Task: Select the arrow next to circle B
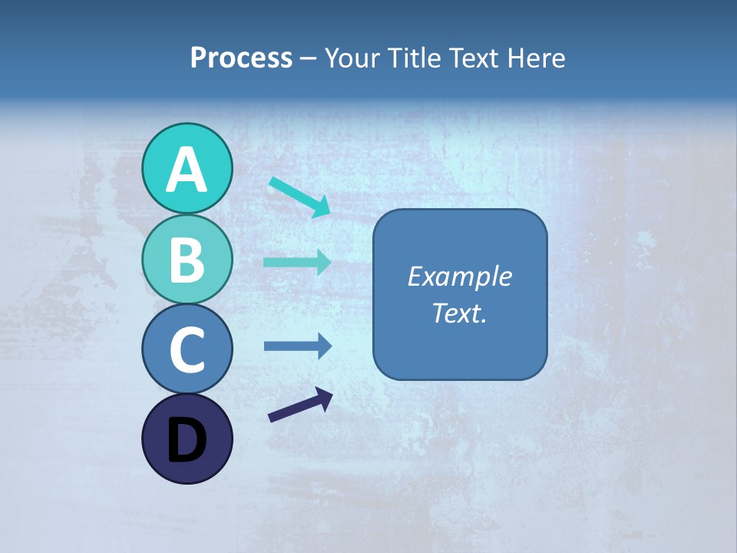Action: [x=297, y=262]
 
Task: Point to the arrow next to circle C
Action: [x=297, y=346]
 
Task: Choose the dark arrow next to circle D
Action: [x=300, y=405]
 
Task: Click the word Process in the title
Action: [x=241, y=58]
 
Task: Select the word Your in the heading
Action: [x=353, y=58]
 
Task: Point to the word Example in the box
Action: [x=459, y=276]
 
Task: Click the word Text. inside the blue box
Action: [x=459, y=313]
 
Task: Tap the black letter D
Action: [x=187, y=440]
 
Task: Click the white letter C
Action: [x=187, y=350]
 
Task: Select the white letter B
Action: [x=187, y=260]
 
